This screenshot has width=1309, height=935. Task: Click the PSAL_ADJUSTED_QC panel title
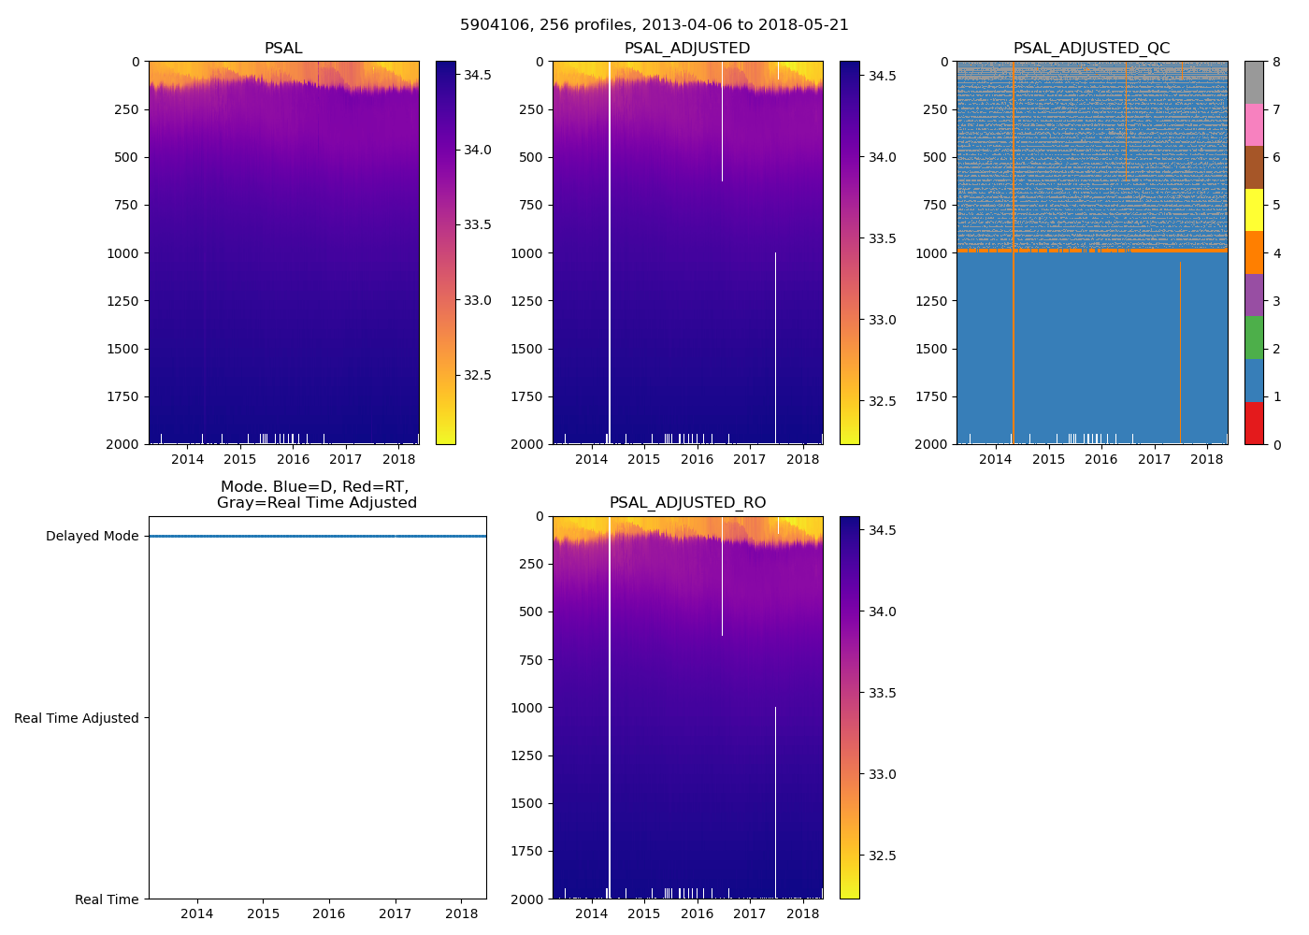[1091, 49]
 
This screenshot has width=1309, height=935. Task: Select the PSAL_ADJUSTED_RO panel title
[687, 503]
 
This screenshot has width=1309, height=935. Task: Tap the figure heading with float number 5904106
[654, 25]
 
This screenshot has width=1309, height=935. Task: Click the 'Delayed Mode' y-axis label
[92, 537]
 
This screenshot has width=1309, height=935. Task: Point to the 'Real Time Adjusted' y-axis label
[77, 718]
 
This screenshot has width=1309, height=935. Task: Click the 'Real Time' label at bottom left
[107, 899]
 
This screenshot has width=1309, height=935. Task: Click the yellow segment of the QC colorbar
[1254, 210]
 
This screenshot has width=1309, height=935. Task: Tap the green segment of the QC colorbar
[1254, 338]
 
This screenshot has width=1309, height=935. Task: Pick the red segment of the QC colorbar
[1254, 423]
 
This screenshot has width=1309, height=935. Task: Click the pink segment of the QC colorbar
[1254, 125]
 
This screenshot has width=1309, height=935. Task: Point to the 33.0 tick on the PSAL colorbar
[478, 301]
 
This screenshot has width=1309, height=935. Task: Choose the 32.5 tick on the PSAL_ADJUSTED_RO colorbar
[883, 856]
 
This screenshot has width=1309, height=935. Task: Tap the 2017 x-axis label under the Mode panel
[396, 913]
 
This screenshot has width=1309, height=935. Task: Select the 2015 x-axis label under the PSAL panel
[240, 459]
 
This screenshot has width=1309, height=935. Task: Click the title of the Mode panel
[316, 495]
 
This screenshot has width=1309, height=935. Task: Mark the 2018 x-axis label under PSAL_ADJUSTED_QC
[1207, 459]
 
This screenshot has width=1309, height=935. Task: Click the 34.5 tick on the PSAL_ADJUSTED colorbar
[883, 76]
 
